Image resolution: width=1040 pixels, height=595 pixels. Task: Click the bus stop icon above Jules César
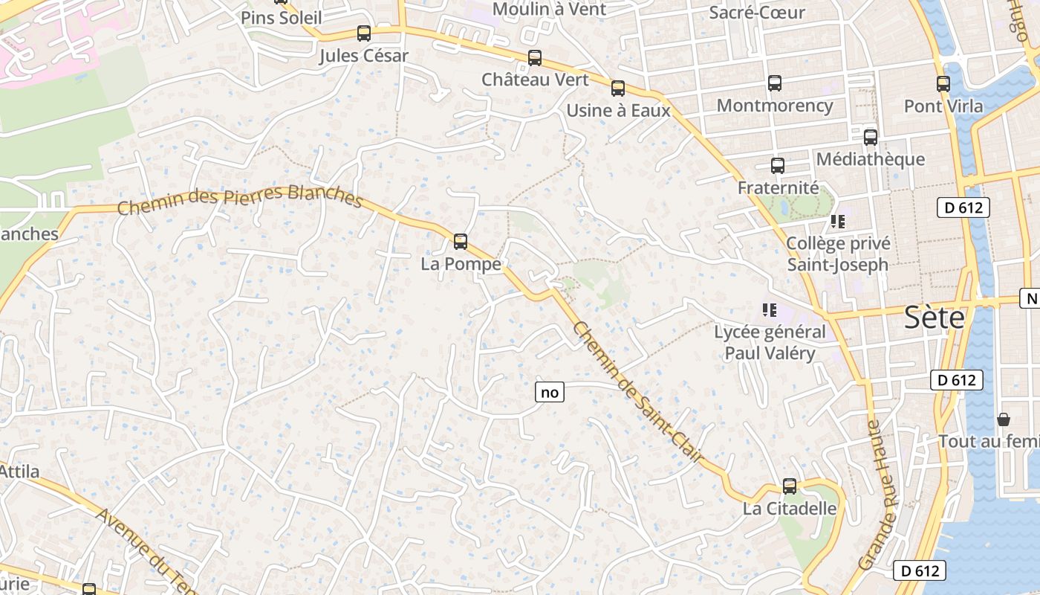364,33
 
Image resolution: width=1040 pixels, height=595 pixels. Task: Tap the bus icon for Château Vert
534,58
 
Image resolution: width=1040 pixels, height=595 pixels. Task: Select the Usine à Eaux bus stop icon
617,89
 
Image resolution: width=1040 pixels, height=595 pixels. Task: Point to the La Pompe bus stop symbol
461,242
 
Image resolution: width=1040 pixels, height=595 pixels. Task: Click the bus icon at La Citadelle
789,486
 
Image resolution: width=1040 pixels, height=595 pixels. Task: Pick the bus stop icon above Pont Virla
943,84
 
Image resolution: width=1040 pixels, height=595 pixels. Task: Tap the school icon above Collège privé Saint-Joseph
838,222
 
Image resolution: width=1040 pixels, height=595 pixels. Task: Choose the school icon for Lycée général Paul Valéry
769,309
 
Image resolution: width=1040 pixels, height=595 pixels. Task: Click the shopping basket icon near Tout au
1004,419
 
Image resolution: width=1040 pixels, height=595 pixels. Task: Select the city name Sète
935,318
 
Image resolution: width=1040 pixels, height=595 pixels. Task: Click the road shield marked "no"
550,392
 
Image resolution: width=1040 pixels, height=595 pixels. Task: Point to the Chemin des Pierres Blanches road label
239,199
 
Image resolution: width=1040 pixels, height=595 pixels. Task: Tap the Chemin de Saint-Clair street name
637,391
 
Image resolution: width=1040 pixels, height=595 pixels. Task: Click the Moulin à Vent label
549,10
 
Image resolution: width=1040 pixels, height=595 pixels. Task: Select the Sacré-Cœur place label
757,13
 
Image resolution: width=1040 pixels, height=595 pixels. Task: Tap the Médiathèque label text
871,159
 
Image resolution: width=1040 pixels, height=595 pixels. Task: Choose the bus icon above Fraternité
778,166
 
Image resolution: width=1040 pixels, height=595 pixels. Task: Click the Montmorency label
775,106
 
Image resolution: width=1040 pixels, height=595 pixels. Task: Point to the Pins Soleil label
282,17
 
